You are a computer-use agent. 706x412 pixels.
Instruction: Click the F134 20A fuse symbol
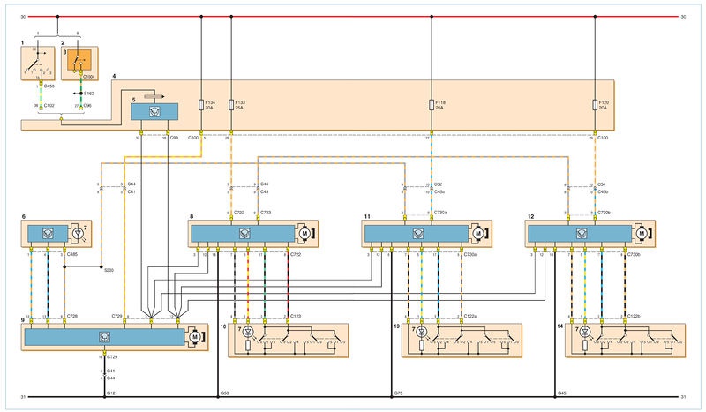[x=203, y=104]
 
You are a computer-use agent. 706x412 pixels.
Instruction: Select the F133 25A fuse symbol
[x=231, y=104]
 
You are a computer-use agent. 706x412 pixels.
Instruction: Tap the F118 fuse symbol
[x=431, y=104]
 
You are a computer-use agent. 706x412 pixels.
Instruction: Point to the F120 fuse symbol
[x=595, y=104]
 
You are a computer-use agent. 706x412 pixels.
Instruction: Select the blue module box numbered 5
[x=154, y=111]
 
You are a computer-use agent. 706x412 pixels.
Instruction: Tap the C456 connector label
[x=49, y=86]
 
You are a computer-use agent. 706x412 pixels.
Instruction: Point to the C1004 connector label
[x=92, y=78]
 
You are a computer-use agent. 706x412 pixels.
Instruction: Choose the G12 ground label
[x=110, y=393]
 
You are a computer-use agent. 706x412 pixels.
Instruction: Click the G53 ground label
[x=224, y=393]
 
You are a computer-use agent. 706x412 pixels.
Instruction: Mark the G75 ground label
[x=396, y=393]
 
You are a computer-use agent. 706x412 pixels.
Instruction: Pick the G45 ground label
[x=562, y=393]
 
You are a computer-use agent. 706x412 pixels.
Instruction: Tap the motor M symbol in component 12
[x=642, y=233]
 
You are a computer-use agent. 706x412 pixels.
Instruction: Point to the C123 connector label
[x=297, y=314]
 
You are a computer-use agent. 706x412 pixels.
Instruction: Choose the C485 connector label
[x=72, y=254]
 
